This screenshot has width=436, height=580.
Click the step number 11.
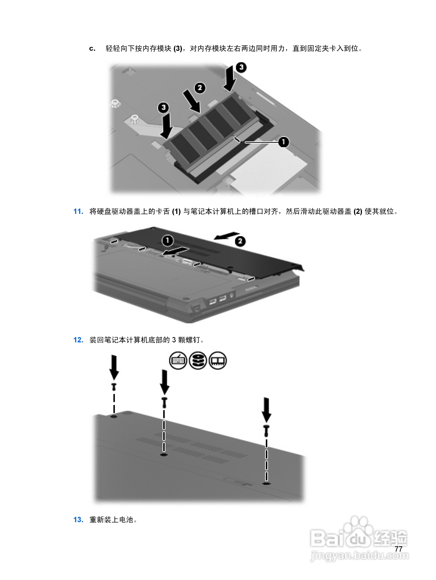coord(78,211)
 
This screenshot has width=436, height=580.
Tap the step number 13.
coord(78,520)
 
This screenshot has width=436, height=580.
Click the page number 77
coord(398,549)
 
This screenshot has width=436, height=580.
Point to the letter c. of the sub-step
coord(92,49)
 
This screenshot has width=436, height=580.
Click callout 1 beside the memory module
coord(283,142)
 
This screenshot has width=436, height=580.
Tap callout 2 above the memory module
coord(200,88)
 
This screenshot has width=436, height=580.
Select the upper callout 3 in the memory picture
coord(241,67)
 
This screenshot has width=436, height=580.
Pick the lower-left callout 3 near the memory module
coord(163,107)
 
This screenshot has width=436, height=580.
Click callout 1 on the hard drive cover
coord(168,240)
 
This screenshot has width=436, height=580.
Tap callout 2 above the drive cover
coord(240,241)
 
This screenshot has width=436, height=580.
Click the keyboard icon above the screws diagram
coord(178,360)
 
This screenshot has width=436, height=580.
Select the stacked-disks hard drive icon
coord(198,360)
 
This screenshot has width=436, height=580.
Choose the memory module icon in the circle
coord(217,360)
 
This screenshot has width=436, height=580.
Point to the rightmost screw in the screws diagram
coord(266,431)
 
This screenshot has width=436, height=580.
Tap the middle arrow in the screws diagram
coord(165,382)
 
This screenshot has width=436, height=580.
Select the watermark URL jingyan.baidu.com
coord(359,555)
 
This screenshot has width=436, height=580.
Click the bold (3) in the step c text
coord(178,49)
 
